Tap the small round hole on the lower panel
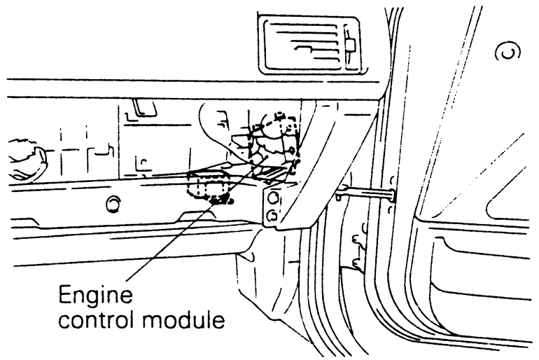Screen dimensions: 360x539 [111, 205]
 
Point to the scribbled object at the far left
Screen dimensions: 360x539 [24, 153]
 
